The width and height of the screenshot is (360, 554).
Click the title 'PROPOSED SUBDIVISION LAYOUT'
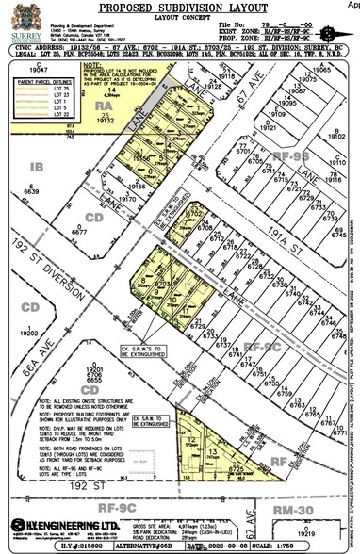click(180, 7)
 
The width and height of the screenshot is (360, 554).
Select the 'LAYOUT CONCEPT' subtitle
click(180, 16)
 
